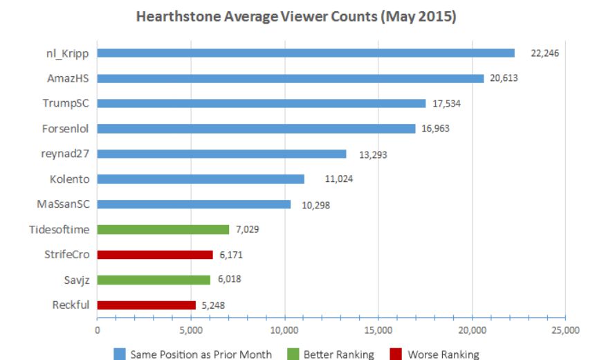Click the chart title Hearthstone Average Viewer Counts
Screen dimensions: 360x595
[x=296, y=17]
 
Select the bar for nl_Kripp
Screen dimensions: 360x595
[x=306, y=53]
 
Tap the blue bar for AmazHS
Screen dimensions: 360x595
[x=291, y=78]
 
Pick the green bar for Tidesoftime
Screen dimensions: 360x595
[x=163, y=229]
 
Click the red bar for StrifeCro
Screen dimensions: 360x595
[x=155, y=255]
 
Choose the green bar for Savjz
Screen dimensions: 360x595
[x=154, y=280]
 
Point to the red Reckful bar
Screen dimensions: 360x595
[x=147, y=305]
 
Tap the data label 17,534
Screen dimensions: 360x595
[x=446, y=104]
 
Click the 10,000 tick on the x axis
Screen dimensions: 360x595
[x=284, y=330]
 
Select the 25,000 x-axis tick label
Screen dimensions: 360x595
[x=565, y=330]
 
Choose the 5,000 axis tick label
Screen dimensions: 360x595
[x=191, y=330]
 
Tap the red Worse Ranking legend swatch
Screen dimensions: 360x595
[x=396, y=354]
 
